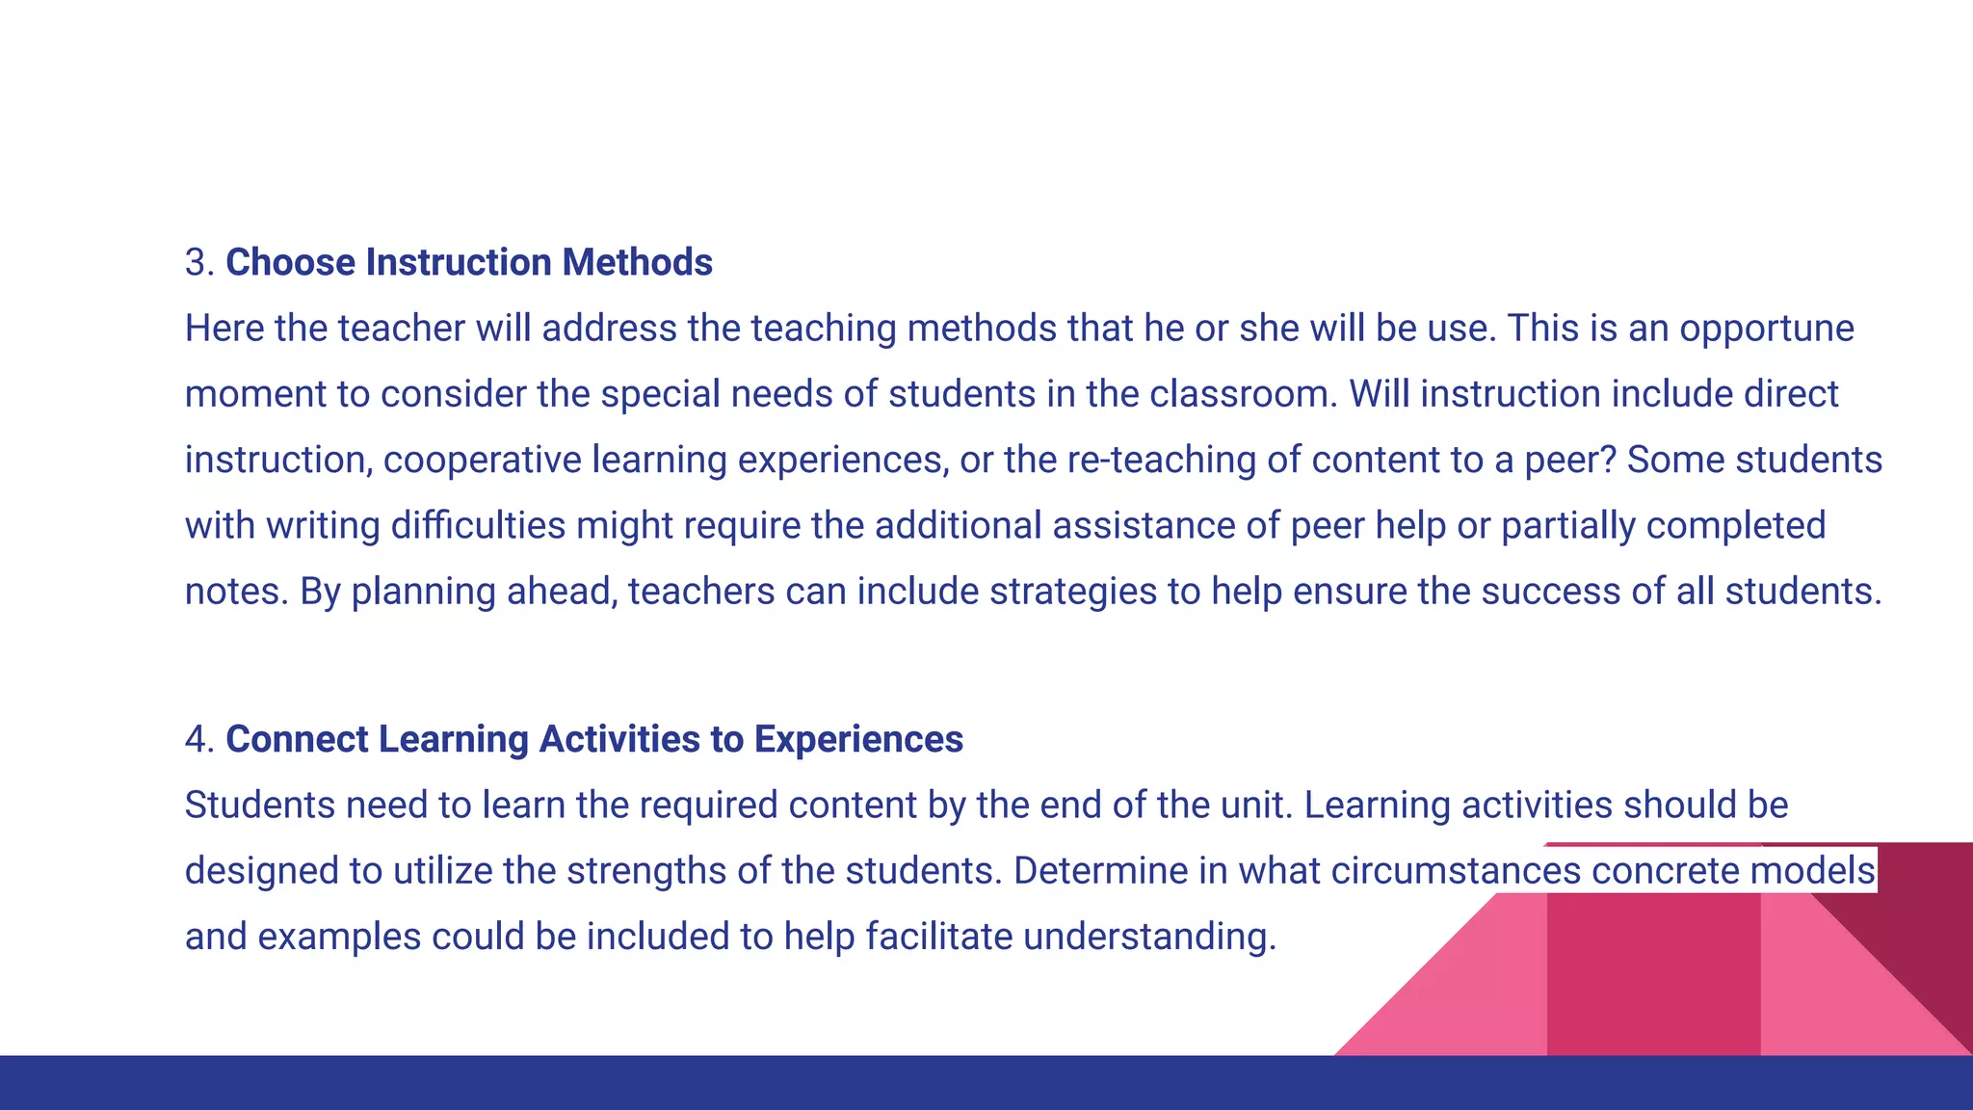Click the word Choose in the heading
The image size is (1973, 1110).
pos(290,262)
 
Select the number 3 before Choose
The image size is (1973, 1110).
pos(197,262)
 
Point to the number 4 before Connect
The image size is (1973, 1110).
pos(197,739)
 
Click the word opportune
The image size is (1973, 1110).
pos(1767,329)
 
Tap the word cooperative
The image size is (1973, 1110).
pos(482,460)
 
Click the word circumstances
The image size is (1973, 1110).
pos(1456,871)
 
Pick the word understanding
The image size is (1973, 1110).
pos(1149,937)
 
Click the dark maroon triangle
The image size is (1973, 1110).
pos(1917,925)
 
